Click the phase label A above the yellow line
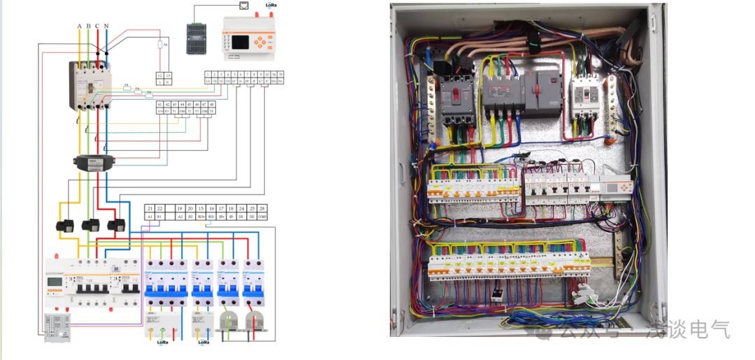[80, 26]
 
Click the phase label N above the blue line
[106, 26]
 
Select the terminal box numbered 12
[160, 74]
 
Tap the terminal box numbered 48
[212, 104]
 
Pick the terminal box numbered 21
[150, 209]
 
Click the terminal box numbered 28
[262, 209]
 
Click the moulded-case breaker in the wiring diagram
[90, 84]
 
